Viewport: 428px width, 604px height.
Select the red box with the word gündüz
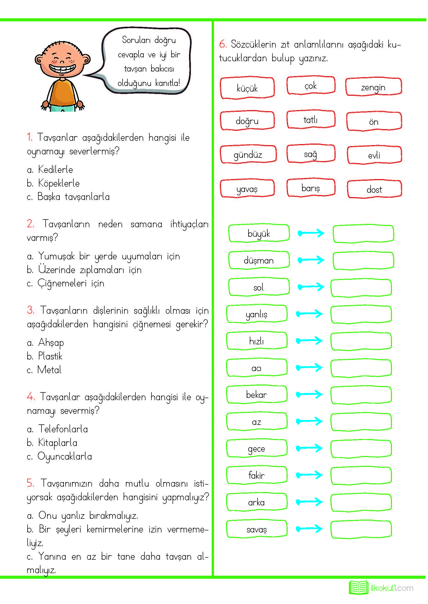click(248, 155)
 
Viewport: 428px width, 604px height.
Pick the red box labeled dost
click(374, 189)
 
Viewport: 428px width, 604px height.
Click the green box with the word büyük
click(259, 233)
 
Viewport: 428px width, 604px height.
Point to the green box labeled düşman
click(259, 260)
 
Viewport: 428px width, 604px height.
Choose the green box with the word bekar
click(256, 395)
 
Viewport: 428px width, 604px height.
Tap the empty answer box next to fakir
click(361, 476)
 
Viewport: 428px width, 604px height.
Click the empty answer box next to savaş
click(361, 529)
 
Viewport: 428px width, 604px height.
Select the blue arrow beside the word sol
click(311, 286)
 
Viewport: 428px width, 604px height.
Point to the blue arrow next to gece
click(309, 448)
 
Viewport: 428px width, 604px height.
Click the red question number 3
click(30, 310)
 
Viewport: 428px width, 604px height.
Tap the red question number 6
click(222, 44)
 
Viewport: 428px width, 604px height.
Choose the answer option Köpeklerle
click(58, 183)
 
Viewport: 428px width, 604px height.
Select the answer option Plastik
click(50, 356)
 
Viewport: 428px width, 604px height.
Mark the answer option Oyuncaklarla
click(65, 456)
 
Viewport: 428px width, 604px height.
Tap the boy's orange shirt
click(63, 93)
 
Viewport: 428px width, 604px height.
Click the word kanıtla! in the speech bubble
click(167, 83)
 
